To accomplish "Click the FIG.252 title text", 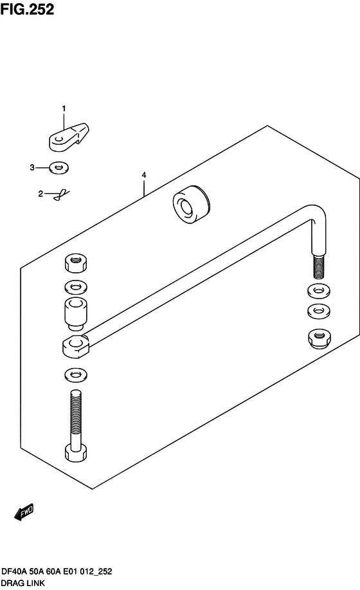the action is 27,9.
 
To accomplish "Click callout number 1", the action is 64,108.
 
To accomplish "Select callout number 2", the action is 40,194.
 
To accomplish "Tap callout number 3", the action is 32,167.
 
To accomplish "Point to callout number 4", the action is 144,175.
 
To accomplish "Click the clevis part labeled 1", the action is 69,137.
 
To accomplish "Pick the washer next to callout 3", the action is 59,167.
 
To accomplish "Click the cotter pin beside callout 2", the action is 62,195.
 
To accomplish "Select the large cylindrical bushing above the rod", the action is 192,205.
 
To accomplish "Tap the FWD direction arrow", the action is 24,512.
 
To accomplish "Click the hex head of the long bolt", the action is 76,453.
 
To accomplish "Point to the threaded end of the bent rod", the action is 319,266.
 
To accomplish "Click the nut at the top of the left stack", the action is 75,263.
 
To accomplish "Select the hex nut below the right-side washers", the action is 319,338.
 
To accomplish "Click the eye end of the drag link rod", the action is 76,347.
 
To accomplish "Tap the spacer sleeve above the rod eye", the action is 76,313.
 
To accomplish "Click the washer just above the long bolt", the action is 75,374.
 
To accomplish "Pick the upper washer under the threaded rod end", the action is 319,290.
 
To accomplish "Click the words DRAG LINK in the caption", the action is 23,583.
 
